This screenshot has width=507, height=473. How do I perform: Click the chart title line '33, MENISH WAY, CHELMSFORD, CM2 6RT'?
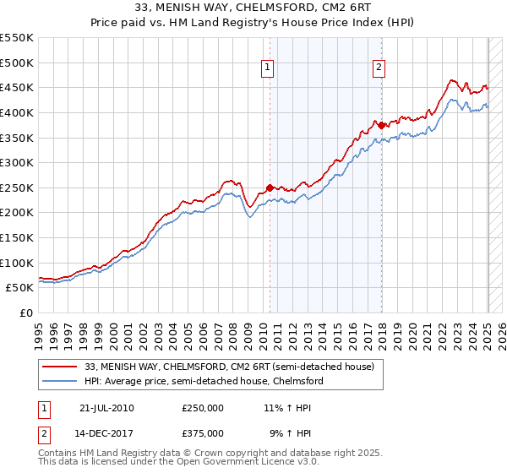pos(253,8)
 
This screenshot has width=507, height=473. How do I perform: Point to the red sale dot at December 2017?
pos(381,125)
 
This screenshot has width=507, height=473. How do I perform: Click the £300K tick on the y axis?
pos(17,162)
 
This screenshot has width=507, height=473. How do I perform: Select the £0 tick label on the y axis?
pos(26,313)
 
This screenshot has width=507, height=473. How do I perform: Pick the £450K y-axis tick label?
pos(17,87)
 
